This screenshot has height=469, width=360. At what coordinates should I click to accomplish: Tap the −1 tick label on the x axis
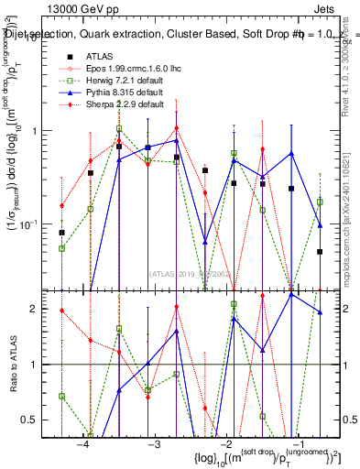click(x=298, y=444)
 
